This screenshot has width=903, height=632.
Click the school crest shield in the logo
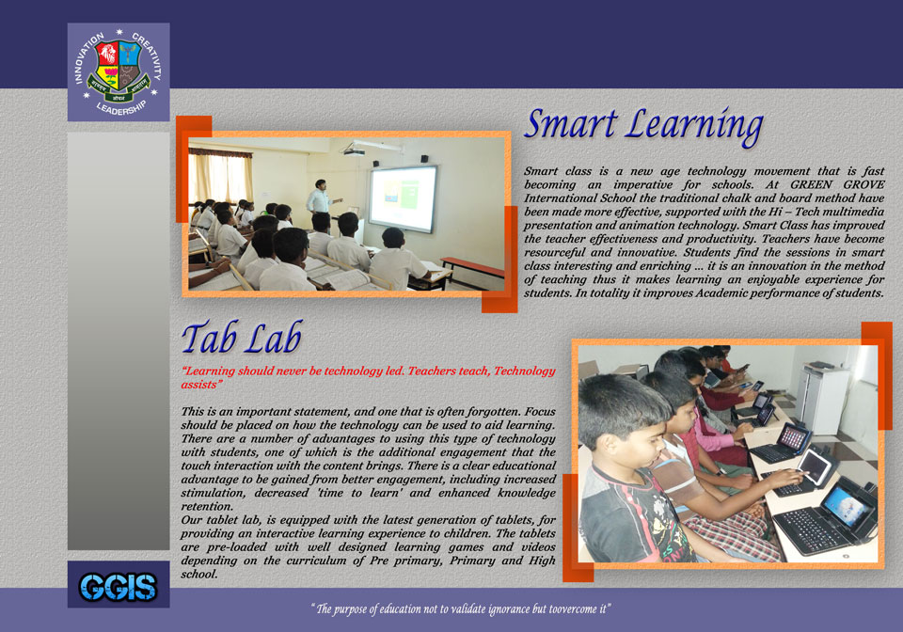pos(119,65)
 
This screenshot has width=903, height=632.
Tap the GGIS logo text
pos(119,587)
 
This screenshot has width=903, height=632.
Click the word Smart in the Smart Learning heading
pos(571,124)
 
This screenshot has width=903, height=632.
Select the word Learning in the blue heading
pos(695,127)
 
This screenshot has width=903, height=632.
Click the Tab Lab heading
pos(242,338)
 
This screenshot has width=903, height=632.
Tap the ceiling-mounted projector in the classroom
pos(355,151)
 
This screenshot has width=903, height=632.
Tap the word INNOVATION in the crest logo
pos(87,57)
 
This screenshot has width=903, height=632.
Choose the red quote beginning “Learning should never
pos(368,377)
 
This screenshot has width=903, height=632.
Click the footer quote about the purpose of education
pos(461,609)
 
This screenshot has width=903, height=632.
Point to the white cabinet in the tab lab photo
pos(824,399)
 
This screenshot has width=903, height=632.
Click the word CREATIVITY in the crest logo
pos(147,55)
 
